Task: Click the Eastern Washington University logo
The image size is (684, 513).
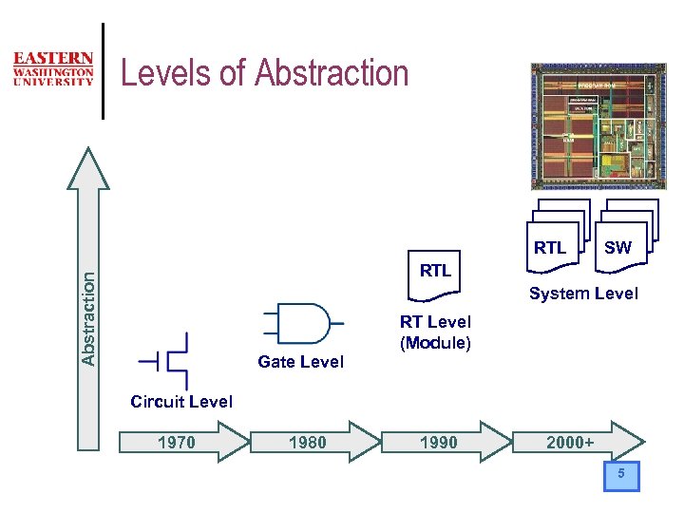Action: click(x=53, y=69)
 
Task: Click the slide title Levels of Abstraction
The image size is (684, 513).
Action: click(x=265, y=72)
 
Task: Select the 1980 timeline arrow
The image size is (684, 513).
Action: click(x=310, y=442)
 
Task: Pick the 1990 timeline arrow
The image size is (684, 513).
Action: click(x=443, y=442)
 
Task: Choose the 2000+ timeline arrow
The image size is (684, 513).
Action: click(x=576, y=442)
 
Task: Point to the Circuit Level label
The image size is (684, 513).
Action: click(x=180, y=402)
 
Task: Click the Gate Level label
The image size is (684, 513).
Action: click(x=300, y=362)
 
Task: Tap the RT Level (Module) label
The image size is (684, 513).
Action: click(x=435, y=332)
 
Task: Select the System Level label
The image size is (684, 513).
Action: click(x=583, y=294)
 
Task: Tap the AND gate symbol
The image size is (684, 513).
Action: click(x=297, y=323)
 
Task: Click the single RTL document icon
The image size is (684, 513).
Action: click(x=435, y=271)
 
